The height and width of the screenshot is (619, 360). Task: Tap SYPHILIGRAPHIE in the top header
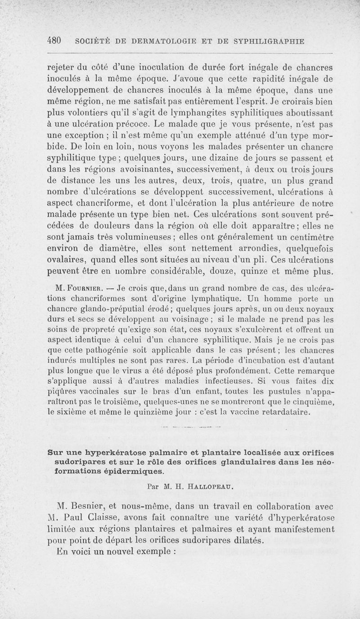click(x=269, y=41)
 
